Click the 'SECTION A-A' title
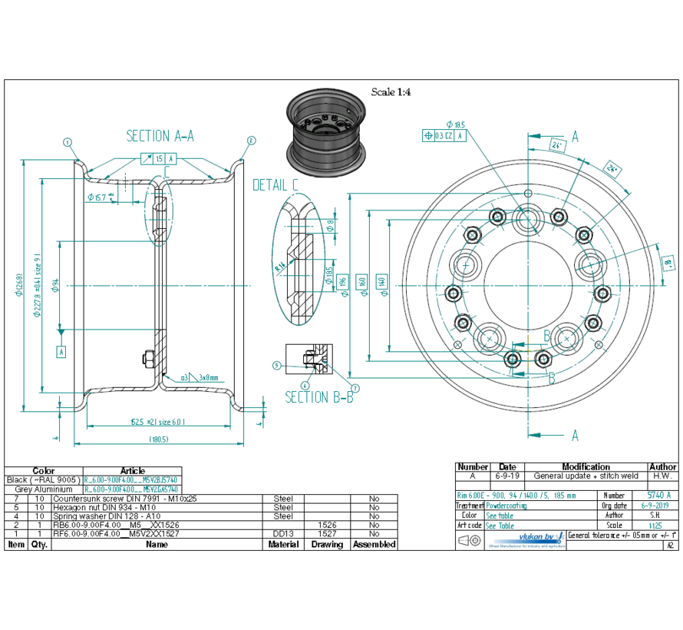(x=160, y=136)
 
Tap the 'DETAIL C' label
(x=276, y=185)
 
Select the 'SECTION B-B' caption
(x=319, y=397)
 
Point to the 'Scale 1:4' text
(x=391, y=92)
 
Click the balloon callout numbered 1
(x=68, y=141)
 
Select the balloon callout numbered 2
(x=250, y=141)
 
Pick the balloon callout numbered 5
(x=277, y=366)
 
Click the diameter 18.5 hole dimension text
(x=454, y=124)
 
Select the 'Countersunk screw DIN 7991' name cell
(x=124, y=499)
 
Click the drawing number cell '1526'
(x=327, y=525)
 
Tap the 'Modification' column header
(x=586, y=466)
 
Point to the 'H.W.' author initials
(x=663, y=476)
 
